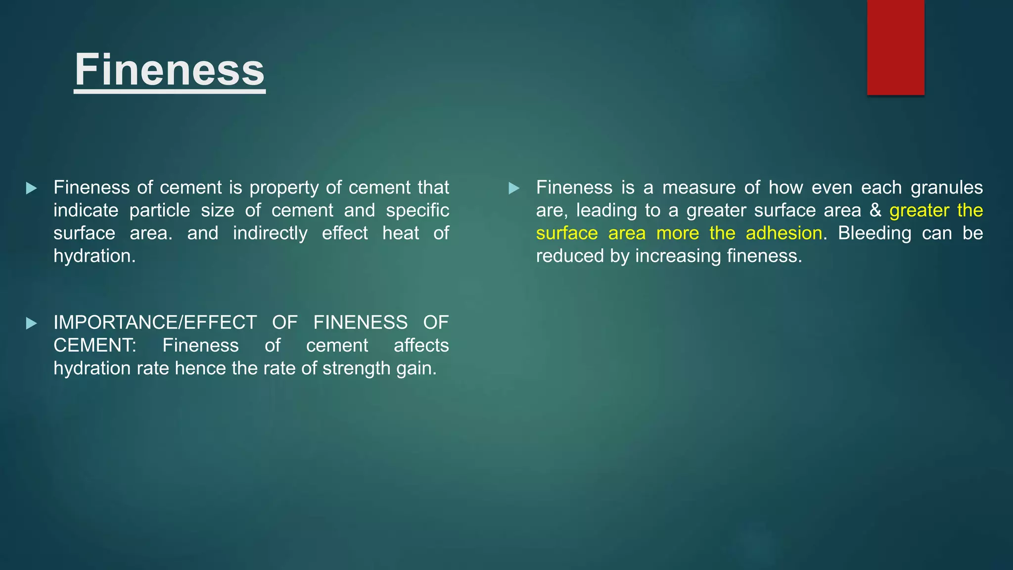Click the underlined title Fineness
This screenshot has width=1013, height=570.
[x=170, y=70]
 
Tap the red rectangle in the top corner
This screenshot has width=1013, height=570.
[x=895, y=47]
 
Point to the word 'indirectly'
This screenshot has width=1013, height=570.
[x=270, y=234]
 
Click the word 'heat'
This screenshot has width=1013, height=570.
[x=401, y=234]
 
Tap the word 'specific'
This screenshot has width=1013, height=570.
[x=417, y=211]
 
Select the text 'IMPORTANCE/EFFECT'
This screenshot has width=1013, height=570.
[x=155, y=323]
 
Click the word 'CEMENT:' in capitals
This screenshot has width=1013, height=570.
[x=95, y=346]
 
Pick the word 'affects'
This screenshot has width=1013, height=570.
[x=421, y=346]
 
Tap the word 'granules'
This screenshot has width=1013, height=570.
[x=946, y=188]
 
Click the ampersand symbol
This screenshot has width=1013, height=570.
[x=875, y=211]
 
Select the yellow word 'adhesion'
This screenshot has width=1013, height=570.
[x=784, y=234]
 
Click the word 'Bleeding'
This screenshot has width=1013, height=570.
[x=874, y=234]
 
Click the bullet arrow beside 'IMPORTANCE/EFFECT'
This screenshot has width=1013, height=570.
[x=32, y=324]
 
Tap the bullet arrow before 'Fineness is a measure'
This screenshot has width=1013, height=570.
[x=514, y=189]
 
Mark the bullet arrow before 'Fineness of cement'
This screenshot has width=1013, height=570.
[x=32, y=189]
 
